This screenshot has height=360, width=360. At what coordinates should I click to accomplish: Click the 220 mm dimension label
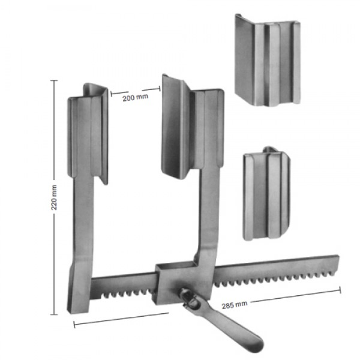coord(54,197)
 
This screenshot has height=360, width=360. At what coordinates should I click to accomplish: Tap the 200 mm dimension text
coord(135,98)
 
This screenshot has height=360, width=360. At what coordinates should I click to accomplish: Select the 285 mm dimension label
coord(235,305)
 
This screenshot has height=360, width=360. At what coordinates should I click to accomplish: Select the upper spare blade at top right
coord(268,60)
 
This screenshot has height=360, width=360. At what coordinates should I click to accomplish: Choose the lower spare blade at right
coord(266,194)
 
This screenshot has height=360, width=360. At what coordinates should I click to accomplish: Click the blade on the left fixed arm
coord(88,133)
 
